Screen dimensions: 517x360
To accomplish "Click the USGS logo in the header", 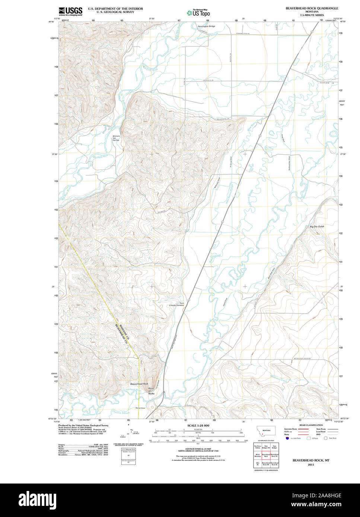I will tap(70, 11).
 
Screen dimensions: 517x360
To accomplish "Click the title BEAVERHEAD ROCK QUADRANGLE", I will tap(312, 8).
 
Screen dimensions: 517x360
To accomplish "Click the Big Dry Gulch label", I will tap(317, 227).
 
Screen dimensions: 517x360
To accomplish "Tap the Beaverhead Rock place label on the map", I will tap(139, 383).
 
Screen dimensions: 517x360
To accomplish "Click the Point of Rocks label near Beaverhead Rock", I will tap(151, 391).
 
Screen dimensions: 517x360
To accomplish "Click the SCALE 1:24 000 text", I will tap(198, 426).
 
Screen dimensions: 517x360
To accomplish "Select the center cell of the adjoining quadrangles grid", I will tap(266, 455).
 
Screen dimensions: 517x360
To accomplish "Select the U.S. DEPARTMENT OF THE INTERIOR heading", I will tap(115, 8).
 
